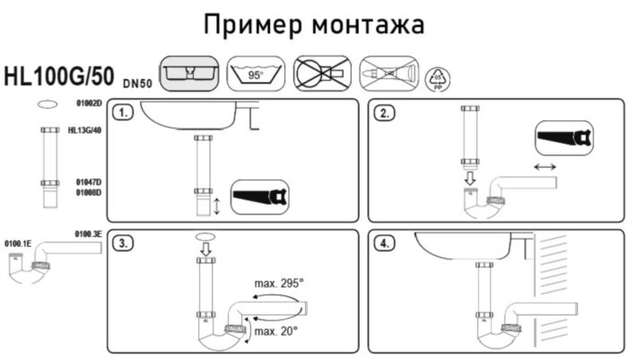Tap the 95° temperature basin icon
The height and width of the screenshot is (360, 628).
tap(256, 74)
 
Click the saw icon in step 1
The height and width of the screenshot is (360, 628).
tap(259, 196)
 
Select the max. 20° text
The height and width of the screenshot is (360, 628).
tap(275, 332)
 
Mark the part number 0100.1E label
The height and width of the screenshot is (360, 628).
tap(19, 243)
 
